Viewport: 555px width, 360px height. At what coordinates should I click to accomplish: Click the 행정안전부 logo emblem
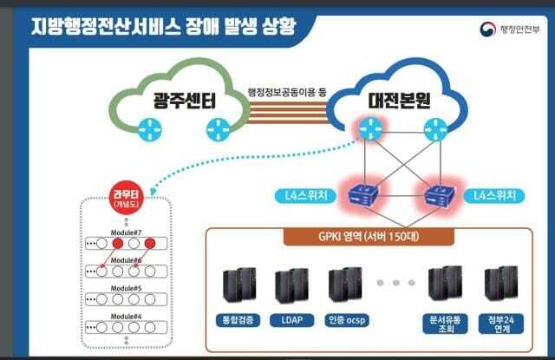(x=485, y=29)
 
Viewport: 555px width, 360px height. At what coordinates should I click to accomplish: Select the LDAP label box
(x=291, y=320)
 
